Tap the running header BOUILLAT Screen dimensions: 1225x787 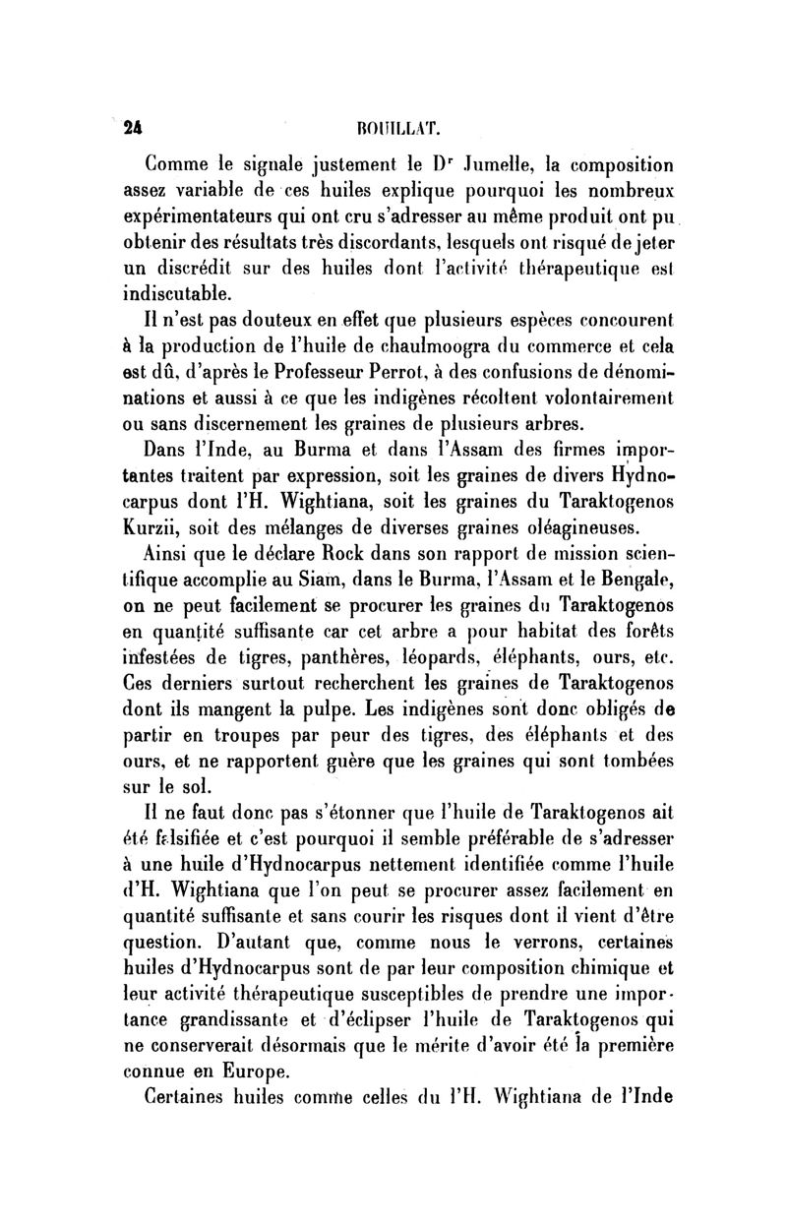tap(393, 128)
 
